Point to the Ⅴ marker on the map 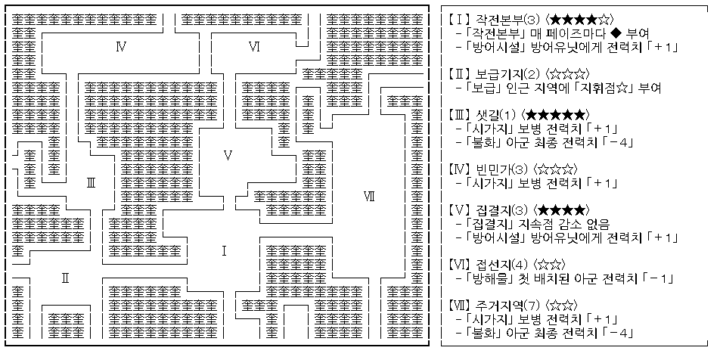228,156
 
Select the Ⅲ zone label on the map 90,182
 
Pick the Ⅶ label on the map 369,197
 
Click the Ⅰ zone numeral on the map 224,250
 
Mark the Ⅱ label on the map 66,278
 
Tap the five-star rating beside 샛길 554,115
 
